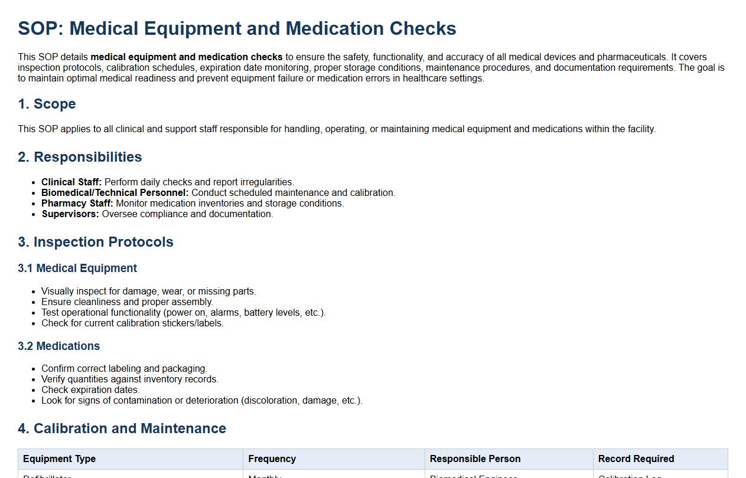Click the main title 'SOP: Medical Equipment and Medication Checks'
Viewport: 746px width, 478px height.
[x=237, y=28]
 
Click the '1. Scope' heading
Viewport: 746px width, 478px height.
[x=47, y=104]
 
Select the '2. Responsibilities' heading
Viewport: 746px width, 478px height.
[x=80, y=157]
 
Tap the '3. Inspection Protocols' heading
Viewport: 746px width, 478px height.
[x=96, y=242]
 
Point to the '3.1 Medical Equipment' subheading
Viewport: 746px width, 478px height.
[x=77, y=269]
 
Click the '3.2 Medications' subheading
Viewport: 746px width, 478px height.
[x=59, y=346]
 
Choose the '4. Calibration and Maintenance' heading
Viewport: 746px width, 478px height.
[x=122, y=428]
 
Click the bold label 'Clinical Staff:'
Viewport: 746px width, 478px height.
[x=71, y=182]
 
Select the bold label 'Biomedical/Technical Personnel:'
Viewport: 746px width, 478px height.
[x=115, y=193]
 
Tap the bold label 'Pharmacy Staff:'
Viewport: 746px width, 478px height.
[x=77, y=204]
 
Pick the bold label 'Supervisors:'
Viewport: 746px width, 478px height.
[x=70, y=214]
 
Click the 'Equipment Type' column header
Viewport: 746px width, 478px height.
[x=59, y=459]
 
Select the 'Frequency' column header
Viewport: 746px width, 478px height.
[x=272, y=459]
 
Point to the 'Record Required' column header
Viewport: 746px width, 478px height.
[x=636, y=459]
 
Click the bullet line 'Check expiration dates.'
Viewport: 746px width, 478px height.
[x=90, y=390]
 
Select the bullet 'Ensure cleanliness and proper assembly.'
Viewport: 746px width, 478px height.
[x=127, y=302]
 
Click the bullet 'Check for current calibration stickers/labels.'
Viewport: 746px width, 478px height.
[x=132, y=323]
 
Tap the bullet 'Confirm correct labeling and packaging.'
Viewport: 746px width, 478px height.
[x=124, y=369]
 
